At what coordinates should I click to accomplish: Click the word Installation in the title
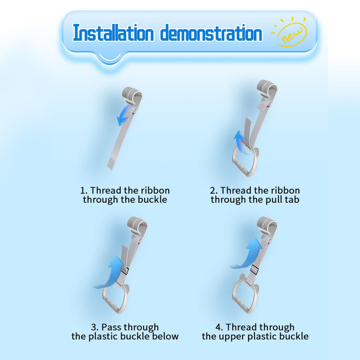pos(113,33)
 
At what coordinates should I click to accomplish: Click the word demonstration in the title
pos(211,33)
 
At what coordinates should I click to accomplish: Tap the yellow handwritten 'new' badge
pos(290,32)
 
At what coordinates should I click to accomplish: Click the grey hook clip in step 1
pos(133,96)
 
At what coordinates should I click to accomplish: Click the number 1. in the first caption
pos(84,191)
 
